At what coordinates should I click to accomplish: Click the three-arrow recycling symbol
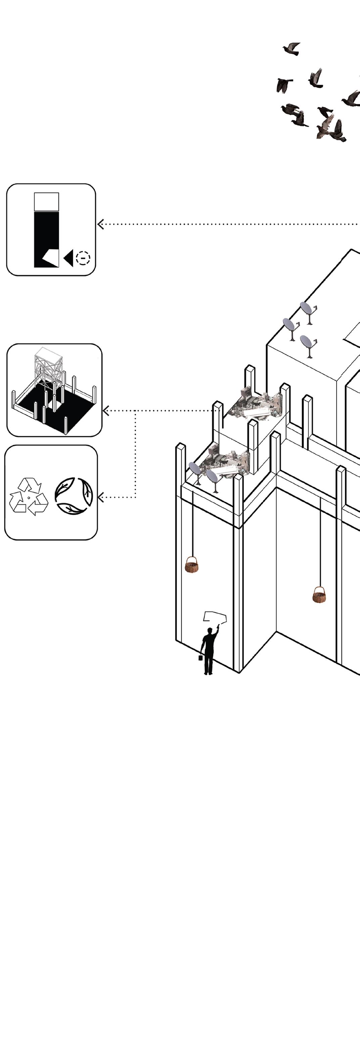coord(29,497)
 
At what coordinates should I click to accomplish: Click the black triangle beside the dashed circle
coord(69,258)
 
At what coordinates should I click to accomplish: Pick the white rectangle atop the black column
coord(47,201)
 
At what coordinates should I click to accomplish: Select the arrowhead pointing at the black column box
coord(100,224)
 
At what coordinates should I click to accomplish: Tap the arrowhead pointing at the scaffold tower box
coord(106,411)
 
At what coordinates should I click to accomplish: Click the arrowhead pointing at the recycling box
coord(101,497)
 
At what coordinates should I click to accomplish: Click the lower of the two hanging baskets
coord(320,595)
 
